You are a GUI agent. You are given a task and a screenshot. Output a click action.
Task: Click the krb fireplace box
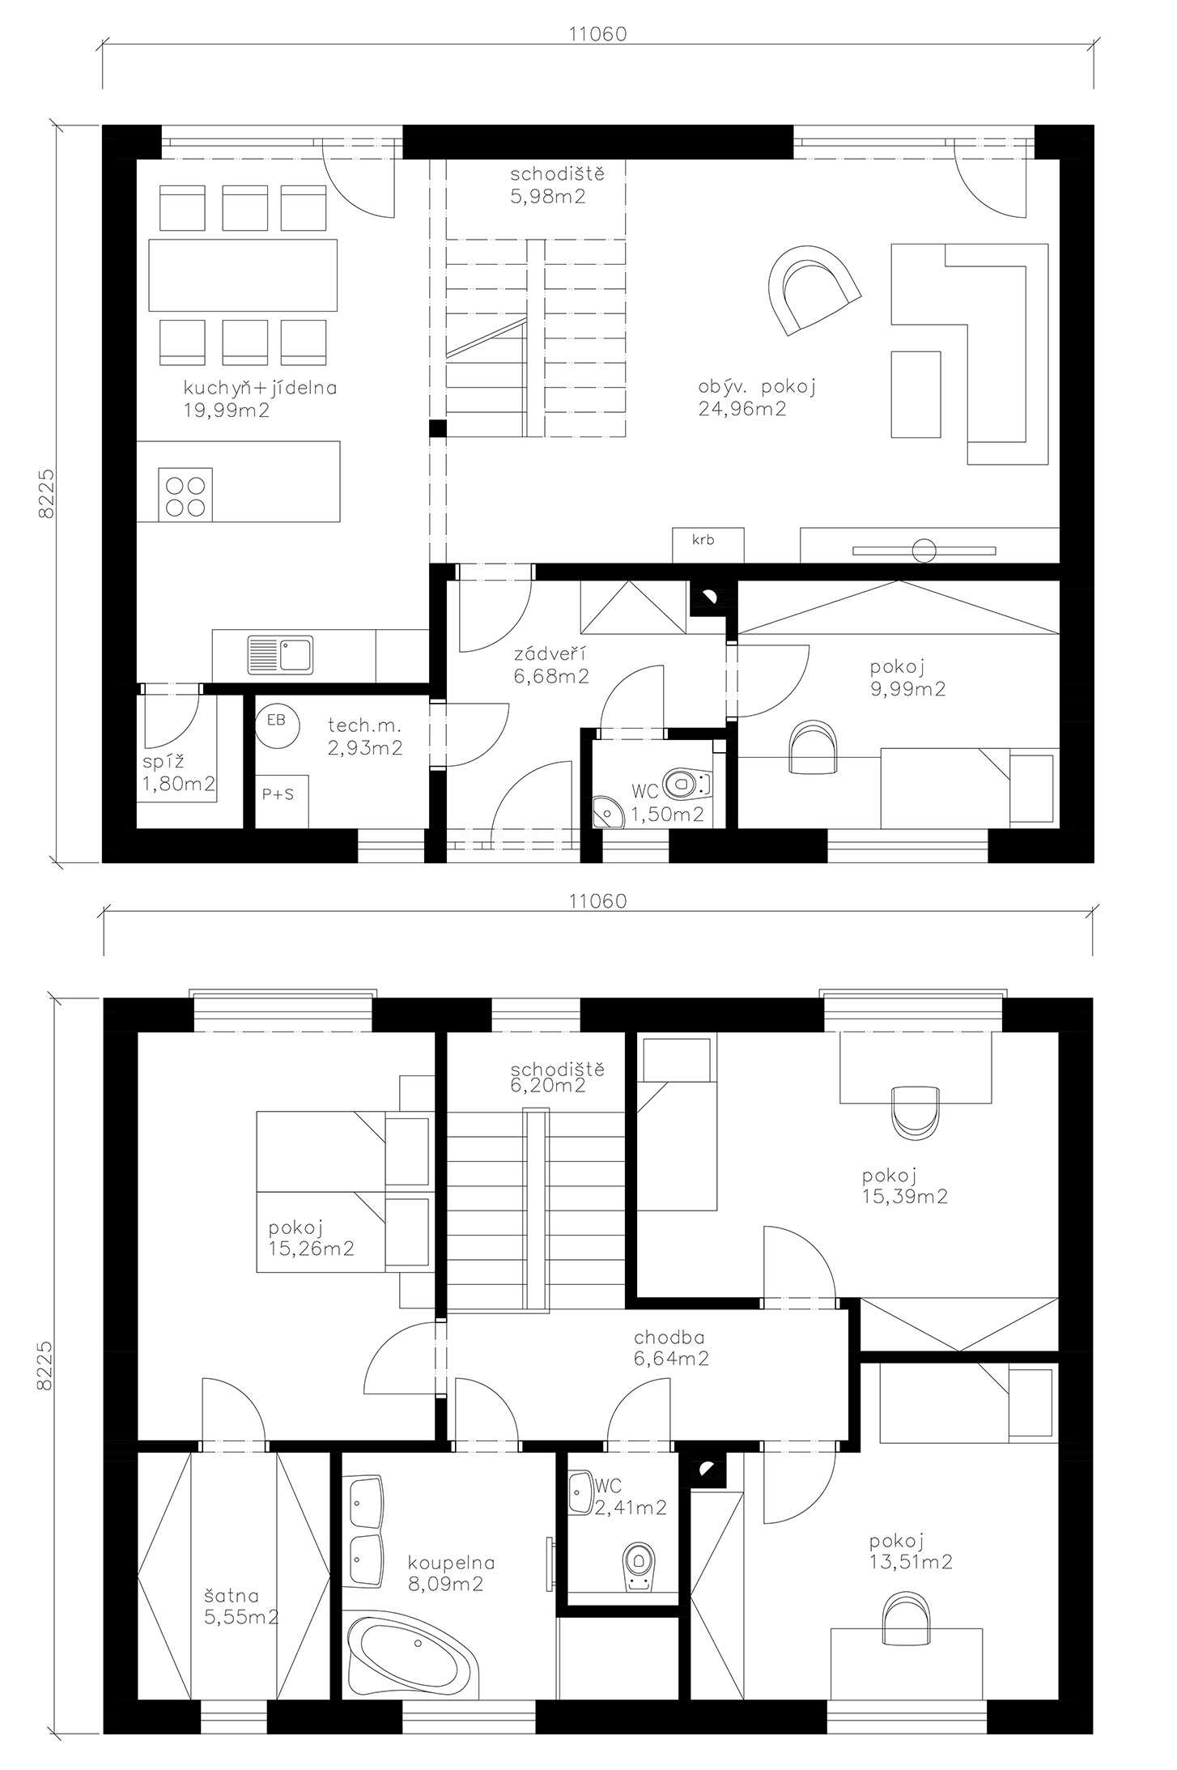click(x=707, y=545)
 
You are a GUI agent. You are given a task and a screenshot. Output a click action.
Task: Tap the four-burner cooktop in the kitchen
click(x=186, y=494)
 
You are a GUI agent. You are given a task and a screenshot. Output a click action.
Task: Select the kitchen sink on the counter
click(x=280, y=655)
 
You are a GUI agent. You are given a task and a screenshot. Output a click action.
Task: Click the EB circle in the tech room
click(x=276, y=721)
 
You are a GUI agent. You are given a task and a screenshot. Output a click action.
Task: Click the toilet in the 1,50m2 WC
click(x=686, y=784)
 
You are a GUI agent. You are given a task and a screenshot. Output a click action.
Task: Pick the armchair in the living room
click(x=813, y=290)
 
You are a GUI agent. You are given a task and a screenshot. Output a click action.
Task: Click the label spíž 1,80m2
click(x=179, y=772)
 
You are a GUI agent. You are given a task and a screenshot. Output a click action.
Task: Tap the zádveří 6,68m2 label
click(x=550, y=665)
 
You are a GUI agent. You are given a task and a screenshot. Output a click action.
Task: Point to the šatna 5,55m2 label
click(x=241, y=1606)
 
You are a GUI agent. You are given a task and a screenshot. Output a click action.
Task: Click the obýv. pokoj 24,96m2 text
click(x=757, y=398)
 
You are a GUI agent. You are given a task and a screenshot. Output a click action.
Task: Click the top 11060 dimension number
click(x=597, y=34)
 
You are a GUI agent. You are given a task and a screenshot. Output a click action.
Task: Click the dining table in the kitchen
click(x=243, y=275)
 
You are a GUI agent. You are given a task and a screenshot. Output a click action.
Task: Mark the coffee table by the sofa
click(x=916, y=394)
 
